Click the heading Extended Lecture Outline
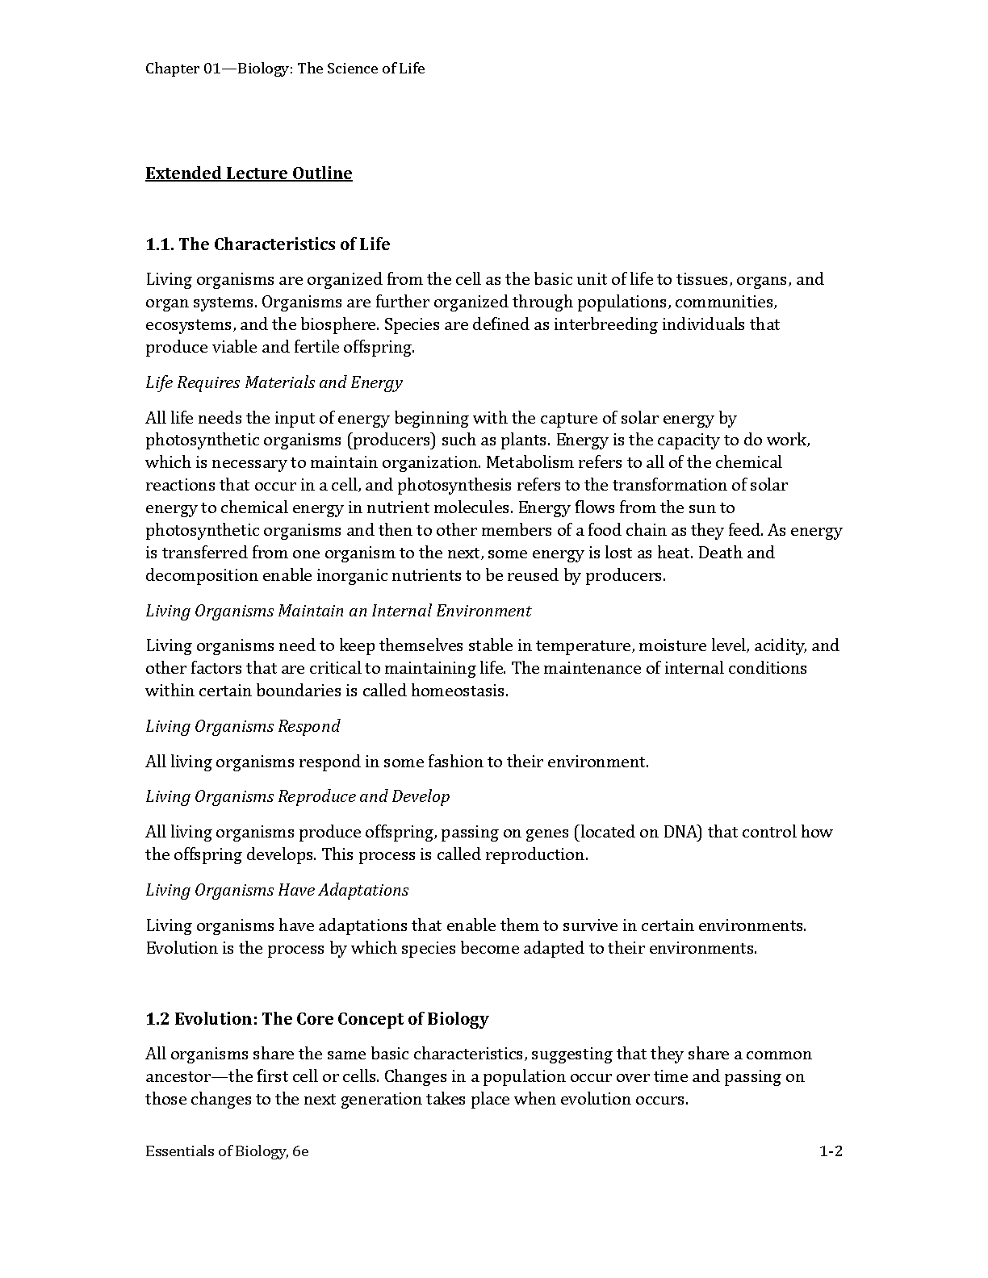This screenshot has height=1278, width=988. [x=249, y=173]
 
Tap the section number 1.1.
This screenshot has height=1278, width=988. [x=160, y=244]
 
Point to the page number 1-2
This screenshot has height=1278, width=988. [x=831, y=1151]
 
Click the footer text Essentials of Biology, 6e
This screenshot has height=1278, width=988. [x=227, y=1151]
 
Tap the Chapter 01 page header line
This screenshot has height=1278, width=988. [x=285, y=69]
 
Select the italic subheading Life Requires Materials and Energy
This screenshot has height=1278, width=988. [x=274, y=382]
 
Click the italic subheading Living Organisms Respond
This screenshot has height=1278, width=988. [x=242, y=726]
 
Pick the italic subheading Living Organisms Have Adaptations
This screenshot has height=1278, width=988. [x=277, y=890]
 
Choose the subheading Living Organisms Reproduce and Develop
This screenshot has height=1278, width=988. [x=298, y=796]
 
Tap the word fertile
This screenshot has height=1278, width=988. [x=317, y=347]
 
